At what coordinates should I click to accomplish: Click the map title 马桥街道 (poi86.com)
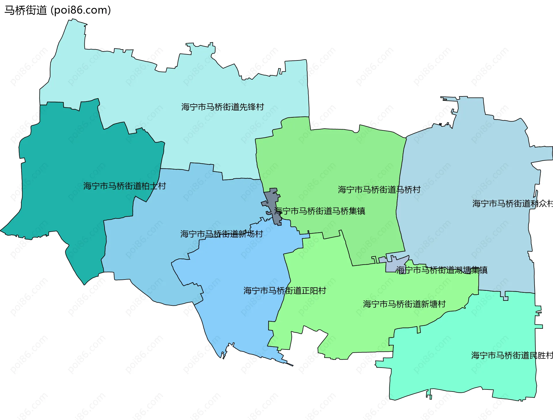coord(58,10)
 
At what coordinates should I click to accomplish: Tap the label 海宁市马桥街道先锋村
coord(223,107)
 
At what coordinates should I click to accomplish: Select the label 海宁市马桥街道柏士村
coord(124,186)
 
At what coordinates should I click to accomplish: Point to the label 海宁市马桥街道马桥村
coord(379,190)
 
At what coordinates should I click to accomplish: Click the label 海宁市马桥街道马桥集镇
coord(319,211)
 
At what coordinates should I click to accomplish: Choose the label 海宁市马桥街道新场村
coord(221,234)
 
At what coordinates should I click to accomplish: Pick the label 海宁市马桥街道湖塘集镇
coord(442,270)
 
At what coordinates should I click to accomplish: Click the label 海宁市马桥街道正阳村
coord(285,291)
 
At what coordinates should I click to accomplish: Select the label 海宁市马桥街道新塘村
coord(404,304)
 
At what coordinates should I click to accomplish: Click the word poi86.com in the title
coord(80,10)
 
